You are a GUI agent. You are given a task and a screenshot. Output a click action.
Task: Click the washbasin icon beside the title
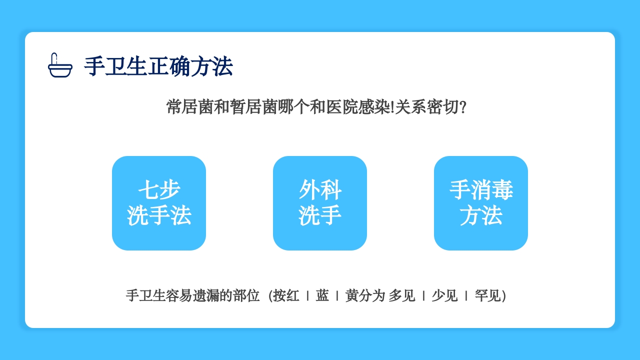tap(60, 65)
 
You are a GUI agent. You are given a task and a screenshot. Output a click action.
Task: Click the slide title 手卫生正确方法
tap(158, 66)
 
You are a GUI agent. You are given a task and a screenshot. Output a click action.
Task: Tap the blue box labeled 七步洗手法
tap(159, 203)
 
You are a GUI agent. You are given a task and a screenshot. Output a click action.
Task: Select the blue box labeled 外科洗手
tap(320, 203)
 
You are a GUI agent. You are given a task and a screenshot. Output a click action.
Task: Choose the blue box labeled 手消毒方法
tap(481, 203)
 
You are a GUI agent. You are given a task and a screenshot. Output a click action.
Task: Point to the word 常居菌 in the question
tap(190, 107)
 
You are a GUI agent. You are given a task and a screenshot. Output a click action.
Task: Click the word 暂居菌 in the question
tap(254, 107)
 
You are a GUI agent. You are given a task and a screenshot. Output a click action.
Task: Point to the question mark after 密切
tap(462, 107)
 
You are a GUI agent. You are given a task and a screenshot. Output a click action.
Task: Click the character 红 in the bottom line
tap(293, 295)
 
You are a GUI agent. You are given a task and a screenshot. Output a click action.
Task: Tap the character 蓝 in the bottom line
tap(322, 295)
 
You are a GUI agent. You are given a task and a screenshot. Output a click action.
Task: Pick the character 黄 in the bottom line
tap(352, 295)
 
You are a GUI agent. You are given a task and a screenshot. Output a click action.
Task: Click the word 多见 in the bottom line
tap(402, 295)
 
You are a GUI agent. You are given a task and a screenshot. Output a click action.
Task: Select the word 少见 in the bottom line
tap(444, 295)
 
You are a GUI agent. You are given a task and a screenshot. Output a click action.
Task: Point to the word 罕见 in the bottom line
tap(487, 295)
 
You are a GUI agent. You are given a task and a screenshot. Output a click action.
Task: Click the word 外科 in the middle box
tap(320, 190)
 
